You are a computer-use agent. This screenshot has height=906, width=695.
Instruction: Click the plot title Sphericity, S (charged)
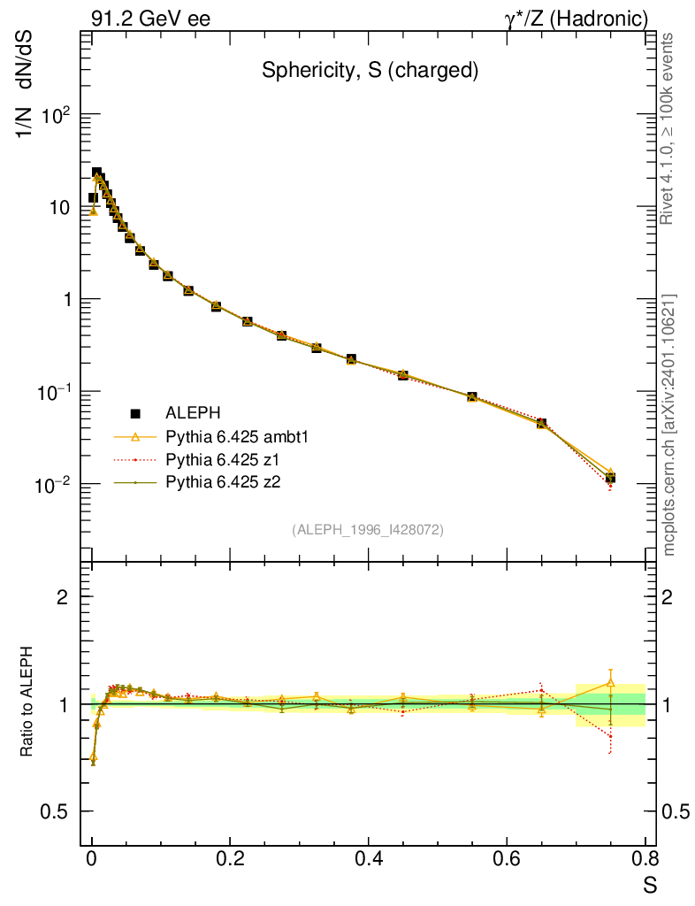coord(370,72)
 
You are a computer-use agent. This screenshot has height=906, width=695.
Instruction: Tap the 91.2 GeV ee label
coord(150,19)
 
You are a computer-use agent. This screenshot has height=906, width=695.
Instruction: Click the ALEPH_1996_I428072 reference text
coord(368,529)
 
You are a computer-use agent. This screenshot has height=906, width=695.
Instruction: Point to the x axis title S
coord(650,884)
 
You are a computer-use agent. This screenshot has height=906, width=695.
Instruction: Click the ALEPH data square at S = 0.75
coord(610,478)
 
